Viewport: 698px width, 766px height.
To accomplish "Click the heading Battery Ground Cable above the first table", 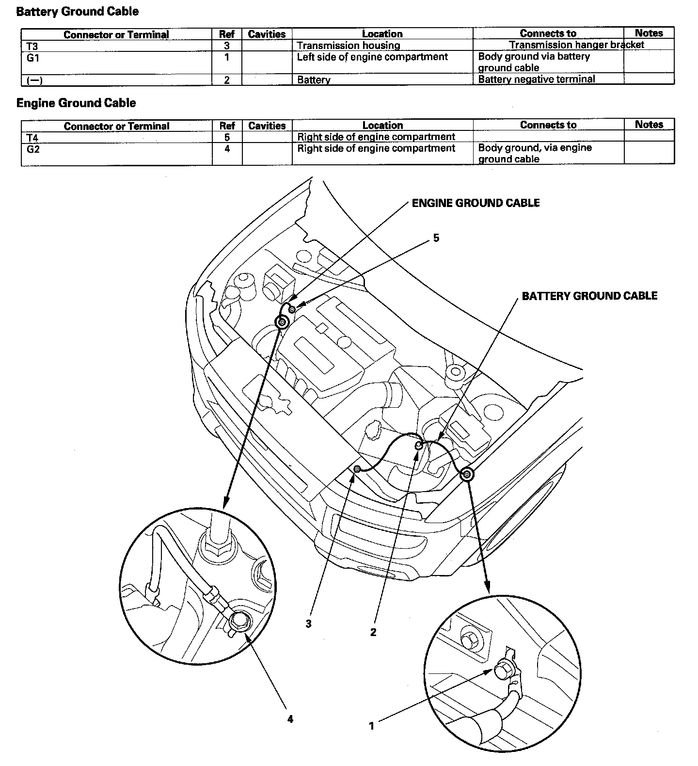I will click(x=77, y=12).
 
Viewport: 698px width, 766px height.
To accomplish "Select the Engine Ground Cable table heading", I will click(x=76, y=103).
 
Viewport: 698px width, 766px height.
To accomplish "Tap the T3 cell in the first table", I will click(x=32, y=46).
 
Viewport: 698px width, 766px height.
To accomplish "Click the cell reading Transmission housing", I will click(x=348, y=46).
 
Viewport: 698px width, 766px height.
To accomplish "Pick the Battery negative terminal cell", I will click(x=536, y=79).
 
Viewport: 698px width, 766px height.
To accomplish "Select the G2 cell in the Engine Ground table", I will click(x=33, y=149).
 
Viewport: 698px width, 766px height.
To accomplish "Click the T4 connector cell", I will click(x=32, y=138).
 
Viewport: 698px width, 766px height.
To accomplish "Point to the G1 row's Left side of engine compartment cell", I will click(x=372, y=57).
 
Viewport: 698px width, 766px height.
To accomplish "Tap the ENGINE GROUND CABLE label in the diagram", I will click(x=475, y=203).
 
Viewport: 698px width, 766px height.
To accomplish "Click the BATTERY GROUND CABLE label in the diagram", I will click(x=589, y=296).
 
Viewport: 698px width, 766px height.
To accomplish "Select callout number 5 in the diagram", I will click(x=436, y=238).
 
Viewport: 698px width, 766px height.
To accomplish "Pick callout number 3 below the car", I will click(x=308, y=624).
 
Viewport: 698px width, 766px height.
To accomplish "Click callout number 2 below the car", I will click(x=373, y=632).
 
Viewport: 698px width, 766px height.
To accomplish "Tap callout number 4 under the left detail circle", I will click(x=290, y=719).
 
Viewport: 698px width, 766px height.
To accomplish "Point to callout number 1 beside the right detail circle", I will click(x=372, y=726).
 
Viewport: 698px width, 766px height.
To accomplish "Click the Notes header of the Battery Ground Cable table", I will click(x=649, y=33).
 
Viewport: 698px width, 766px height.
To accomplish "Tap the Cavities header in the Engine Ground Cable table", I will click(x=267, y=126).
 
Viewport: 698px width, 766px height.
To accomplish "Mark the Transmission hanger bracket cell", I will click(x=576, y=45).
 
